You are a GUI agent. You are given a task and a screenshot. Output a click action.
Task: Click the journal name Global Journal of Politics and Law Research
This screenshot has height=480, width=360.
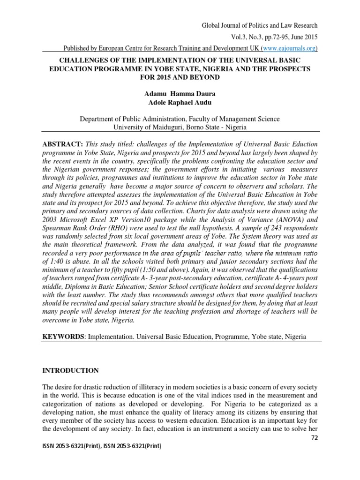click(x=259, y=25)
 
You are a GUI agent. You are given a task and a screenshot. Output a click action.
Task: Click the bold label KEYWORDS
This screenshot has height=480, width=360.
click(x=62, y=337)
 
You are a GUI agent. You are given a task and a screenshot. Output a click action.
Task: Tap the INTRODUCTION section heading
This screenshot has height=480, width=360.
click(x=70, y=371)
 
